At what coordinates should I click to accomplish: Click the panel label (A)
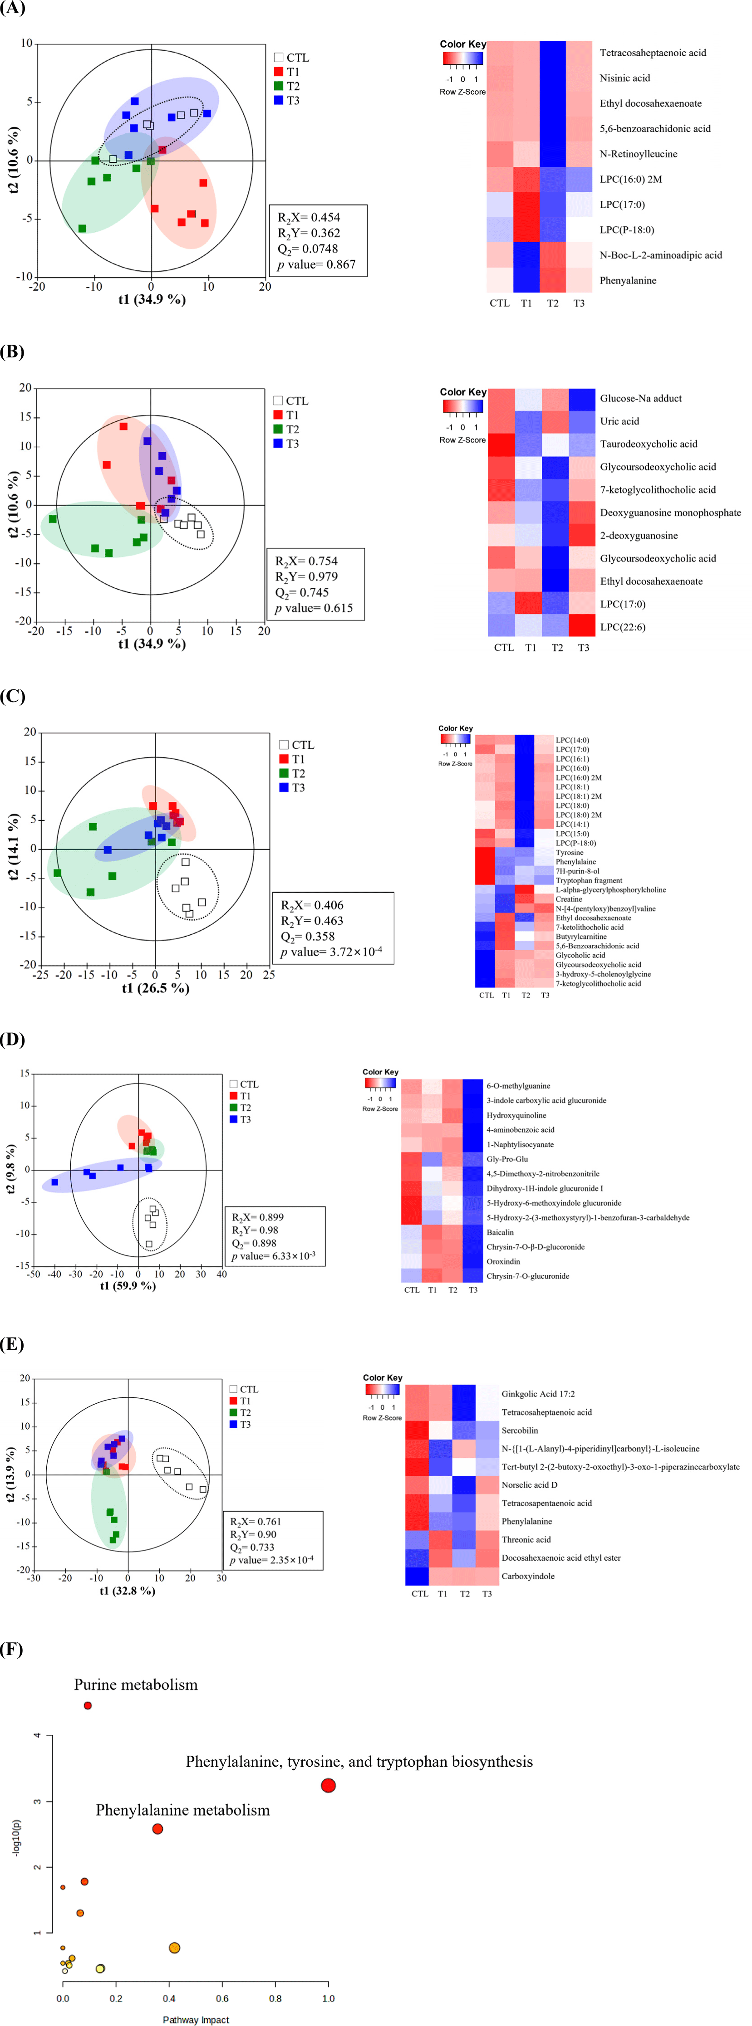tap(13, 9)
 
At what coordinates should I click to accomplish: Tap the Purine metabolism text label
tap(135, 1684)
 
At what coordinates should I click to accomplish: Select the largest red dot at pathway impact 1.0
tap(328, 1785)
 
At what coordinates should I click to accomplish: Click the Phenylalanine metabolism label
tap(182, 1810)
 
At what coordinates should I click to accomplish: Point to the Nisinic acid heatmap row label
tap(624, 78)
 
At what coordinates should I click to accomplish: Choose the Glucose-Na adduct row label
tap(640, 398)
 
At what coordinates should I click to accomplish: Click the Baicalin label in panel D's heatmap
tap(500, 1232)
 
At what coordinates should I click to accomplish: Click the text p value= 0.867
tap(316, 264)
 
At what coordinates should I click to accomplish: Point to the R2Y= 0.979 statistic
tap(306, 576)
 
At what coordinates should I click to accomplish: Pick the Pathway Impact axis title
tap(196, 2019)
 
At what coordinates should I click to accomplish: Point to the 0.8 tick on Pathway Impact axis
tap(275, 1998)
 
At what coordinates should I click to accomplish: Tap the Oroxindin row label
tap(503, 1261)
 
